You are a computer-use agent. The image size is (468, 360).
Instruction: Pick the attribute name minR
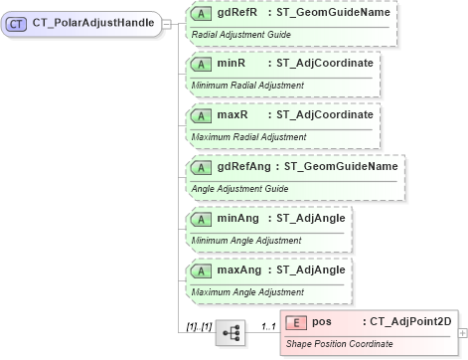233,64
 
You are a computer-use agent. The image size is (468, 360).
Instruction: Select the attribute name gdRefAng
243,167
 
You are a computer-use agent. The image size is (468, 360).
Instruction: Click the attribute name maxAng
239,270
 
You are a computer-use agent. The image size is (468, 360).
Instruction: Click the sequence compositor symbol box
230,331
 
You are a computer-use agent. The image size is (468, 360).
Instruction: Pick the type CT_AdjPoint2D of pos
409,322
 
